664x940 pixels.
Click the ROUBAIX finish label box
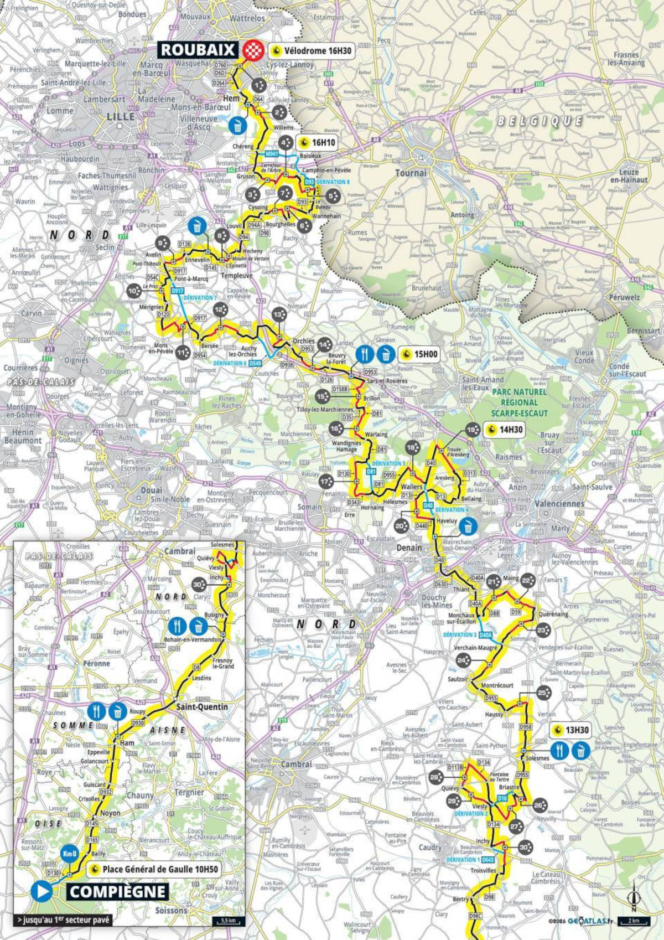pos(198,49)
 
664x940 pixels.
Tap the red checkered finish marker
pos(254,49)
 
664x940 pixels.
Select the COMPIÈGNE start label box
pos(117,892)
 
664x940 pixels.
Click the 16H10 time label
pos(318,142)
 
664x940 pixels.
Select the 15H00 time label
pos(419,354)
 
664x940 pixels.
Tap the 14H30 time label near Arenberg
pos(504,430)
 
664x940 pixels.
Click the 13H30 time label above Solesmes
pos(570,730)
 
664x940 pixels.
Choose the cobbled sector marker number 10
pos(133,291)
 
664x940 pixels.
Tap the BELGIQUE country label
pos(539,121)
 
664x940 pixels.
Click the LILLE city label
pos(121,117)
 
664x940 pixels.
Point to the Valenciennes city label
pos(559,504)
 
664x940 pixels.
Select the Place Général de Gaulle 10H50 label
pos(154,869)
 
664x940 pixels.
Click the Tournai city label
pos(411,173)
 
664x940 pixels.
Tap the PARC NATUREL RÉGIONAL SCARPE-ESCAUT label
pos(518,402)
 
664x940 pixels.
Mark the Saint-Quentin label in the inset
pos(202,707)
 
